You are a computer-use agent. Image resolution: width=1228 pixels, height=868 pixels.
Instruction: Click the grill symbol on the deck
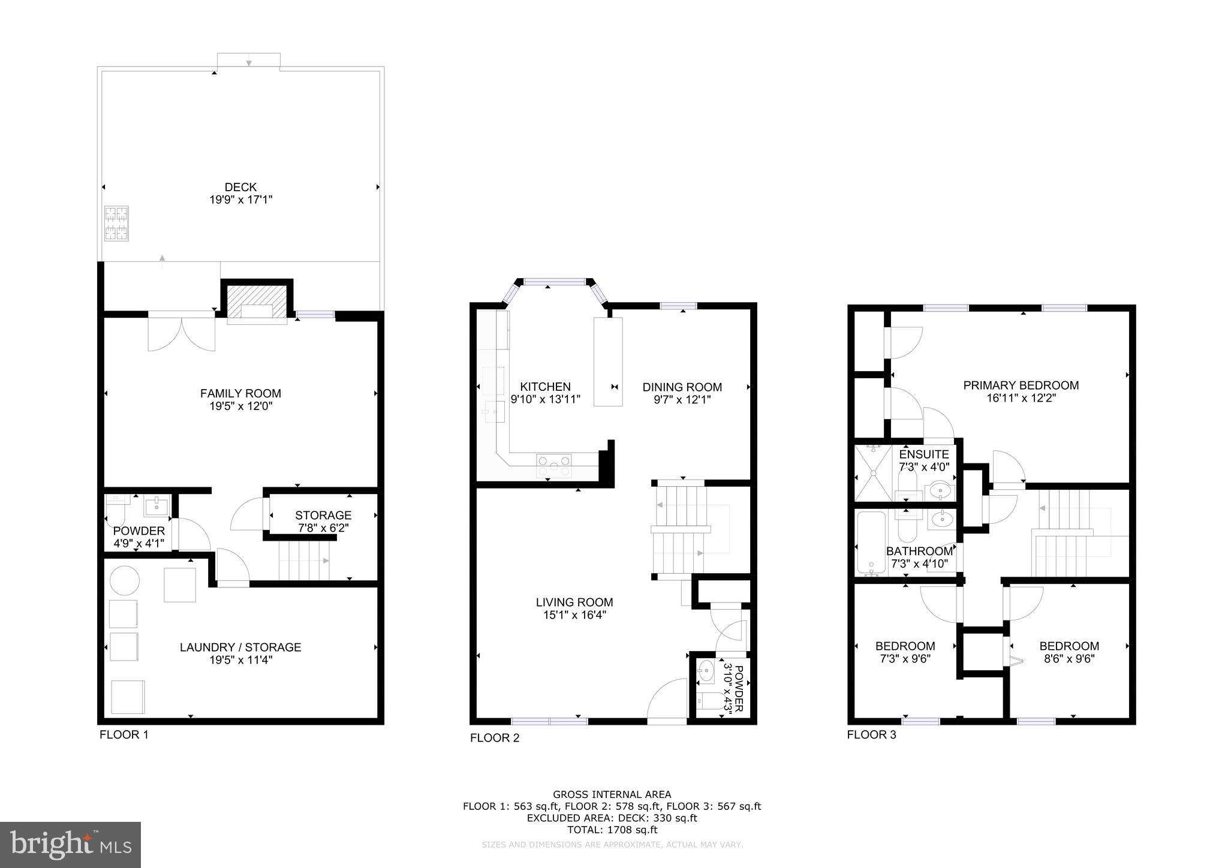pyautogui.click(x=116, y=223)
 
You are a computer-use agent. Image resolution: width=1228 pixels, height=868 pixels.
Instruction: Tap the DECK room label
pyautogui.click(x=240, y=188)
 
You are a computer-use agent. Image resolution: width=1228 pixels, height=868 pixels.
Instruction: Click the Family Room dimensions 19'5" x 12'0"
pyautogui.click(x=240, y=406)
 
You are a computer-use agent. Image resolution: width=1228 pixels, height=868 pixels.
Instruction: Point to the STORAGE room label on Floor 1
pyautogui.click(x=323, y=515)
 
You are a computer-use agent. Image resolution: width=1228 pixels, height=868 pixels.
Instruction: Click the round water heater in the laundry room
pyautogui.click(x=124, y=580)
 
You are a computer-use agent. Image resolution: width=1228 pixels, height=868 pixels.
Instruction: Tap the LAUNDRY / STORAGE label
pyautogui.click(x=240, y=647)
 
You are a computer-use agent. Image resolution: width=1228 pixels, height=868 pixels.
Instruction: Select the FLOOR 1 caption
pyautogui.click(x=124, y=735)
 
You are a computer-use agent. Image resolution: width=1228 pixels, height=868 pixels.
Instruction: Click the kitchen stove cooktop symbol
pyautogui.click(x=554, y=465)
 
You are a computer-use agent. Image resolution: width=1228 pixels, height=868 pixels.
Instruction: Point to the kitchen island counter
pyautogui.click(x=608, y=362)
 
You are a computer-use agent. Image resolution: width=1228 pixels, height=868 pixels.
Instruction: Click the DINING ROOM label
pyautogui.click(x=682, y=387)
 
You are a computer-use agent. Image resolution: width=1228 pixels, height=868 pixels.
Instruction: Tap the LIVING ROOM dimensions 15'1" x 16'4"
pyautogui.click(x=574, y=615)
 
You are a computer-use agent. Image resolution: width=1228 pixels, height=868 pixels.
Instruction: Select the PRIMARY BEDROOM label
pyautogui.click(x=1021, y=385)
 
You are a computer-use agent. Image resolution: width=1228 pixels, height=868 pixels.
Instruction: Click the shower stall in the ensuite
pyautogui.click(x=874, y=473)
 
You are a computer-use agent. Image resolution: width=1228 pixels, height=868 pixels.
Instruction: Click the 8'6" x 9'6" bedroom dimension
pyautogui.click(x=1069, y=659)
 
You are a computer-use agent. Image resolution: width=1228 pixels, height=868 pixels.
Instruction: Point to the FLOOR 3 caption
pyautogui.click(x=871, y=735)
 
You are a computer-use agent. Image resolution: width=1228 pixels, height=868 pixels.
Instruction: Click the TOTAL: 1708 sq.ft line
pyautogui.click(x=612, y=830)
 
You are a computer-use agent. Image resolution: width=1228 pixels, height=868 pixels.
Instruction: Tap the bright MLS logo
pyautogui.click(x=71, y=845)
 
